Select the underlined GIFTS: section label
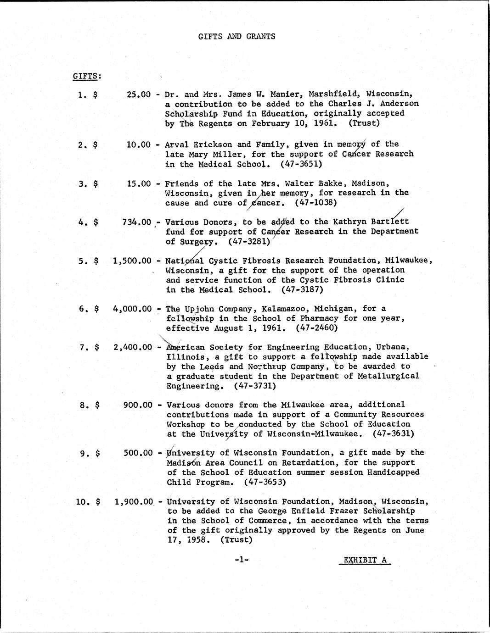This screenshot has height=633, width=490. coord(87,76)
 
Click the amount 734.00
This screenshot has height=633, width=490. coord(136,222)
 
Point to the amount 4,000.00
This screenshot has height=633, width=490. coord(132,309)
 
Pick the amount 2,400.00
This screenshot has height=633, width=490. coord(132,347)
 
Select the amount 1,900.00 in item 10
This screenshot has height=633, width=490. coord(133,501)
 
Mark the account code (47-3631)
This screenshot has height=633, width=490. coord(394,433)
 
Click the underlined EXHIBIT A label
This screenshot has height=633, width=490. coord(365,560)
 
